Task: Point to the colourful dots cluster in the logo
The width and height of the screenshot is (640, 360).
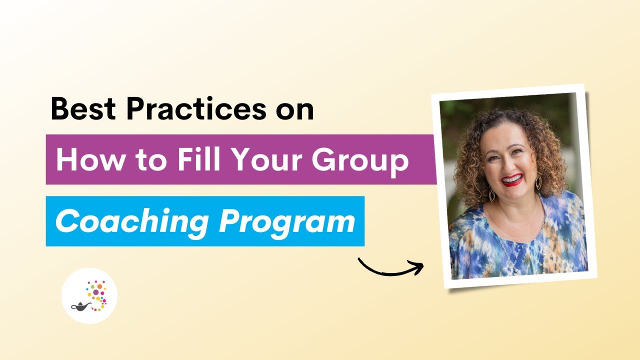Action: point(96,292)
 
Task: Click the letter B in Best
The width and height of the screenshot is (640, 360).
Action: point(60,109)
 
